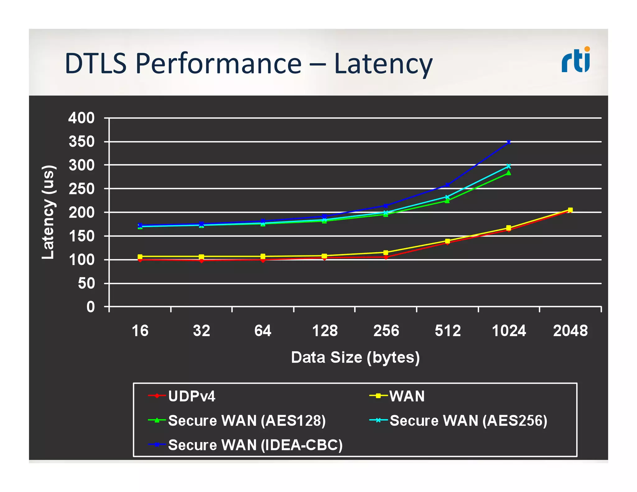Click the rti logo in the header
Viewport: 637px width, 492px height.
click(x=576, y=60)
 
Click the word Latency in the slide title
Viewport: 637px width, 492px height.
click(x=383, y=64)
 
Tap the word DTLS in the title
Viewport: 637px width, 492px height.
click(x=95, y=63)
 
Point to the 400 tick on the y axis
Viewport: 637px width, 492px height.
click(x=81, y=118)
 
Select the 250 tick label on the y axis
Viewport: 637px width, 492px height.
click(x=81, y=189)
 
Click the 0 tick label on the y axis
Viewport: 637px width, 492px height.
click(x=91, y=307)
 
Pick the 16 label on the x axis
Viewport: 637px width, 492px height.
click(x=140, y=331)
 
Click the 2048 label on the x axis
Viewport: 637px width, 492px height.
click(x=570, y=331)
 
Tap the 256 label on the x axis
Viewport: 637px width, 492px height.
click(x=386, y=331)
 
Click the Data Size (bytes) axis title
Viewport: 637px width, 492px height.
click(x=355, y=357)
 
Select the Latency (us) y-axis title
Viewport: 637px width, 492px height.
click(x=49, y=212)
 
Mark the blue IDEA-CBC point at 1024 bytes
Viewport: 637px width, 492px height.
click(x=509, y=142)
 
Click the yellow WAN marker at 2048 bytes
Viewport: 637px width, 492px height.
click(x=570, y=210)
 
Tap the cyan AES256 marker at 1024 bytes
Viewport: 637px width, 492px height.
click(x=509, y=166)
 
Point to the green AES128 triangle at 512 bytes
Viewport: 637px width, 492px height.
click(x=447, y=201)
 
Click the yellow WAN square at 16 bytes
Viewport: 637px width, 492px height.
click(x=140, y=257)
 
